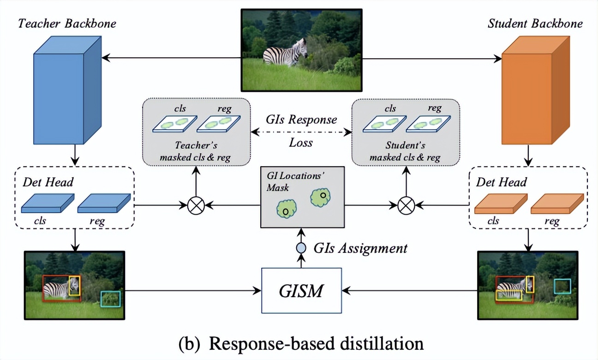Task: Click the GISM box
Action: [x=302, y=291]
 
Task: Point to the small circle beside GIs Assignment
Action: [x=301, y=248]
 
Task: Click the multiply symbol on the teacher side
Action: [x=196, y=204]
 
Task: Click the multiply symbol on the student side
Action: [x=407, y=204]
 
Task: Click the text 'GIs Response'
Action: [x=301, y=120]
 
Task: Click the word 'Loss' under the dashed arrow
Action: [x=301, y=142]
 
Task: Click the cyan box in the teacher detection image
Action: [x=110, y=299]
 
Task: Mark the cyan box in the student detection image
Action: [x=562, y=286]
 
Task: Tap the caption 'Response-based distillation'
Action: [x=301, y=344]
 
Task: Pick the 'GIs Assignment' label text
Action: [x=360, y=248]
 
